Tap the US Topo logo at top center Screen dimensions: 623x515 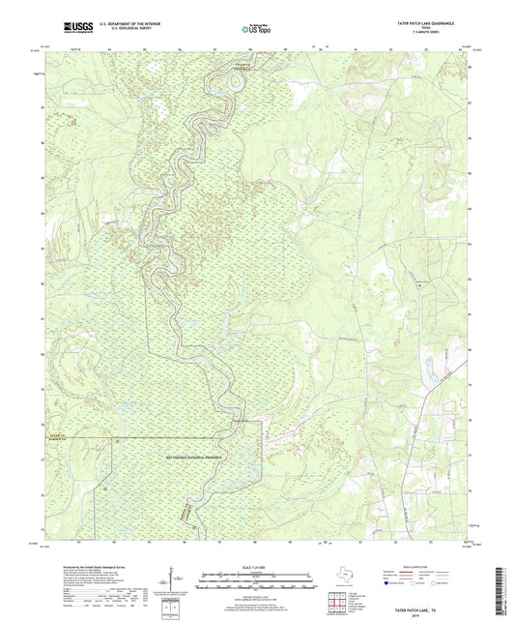click(255, 27)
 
